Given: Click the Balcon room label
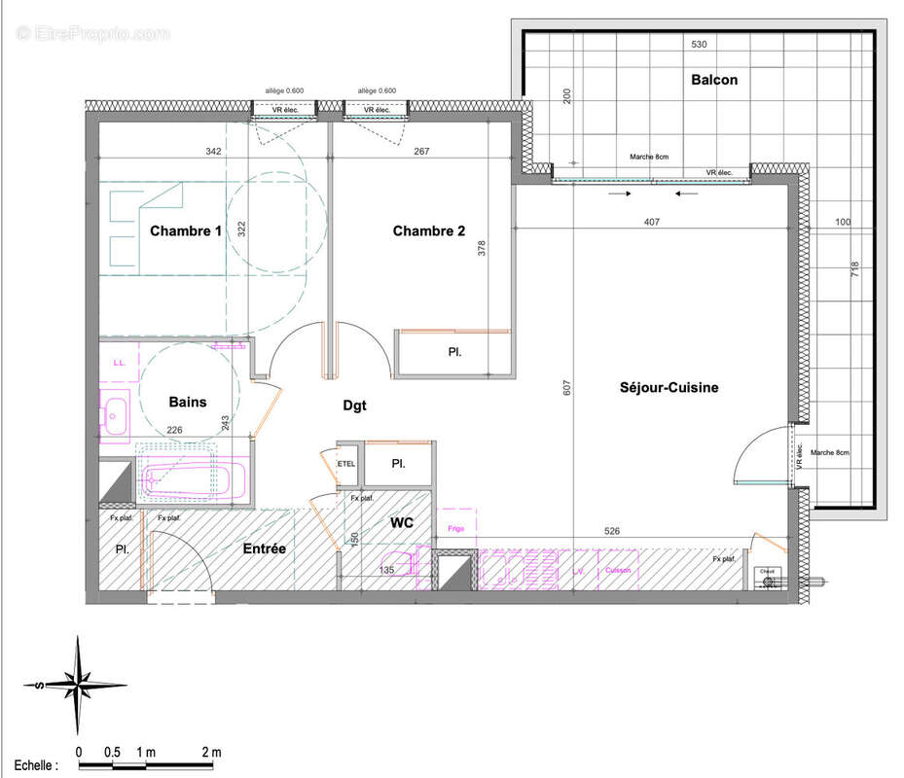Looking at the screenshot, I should pos(713,80).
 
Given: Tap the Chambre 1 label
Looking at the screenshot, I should pos(186,231).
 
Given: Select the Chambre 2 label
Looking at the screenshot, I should pos(429,231).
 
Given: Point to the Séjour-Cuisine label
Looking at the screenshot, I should pos(669,387).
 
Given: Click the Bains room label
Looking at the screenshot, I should pos(187,402).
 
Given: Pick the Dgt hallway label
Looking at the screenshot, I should pos(355,406).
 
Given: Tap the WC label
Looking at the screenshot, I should pos(402,523).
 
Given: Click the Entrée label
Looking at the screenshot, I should pos(265,549).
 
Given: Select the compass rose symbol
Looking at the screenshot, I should pos(77,685).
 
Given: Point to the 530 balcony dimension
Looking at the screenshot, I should pos(699,45).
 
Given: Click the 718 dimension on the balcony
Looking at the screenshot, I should pos(855,270).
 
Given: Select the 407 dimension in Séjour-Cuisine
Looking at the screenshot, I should pos(651,223).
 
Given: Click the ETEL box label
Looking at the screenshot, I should pos(346,464).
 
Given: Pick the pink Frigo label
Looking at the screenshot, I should pos(457,528).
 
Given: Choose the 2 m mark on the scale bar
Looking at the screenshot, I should pos(211,752).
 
